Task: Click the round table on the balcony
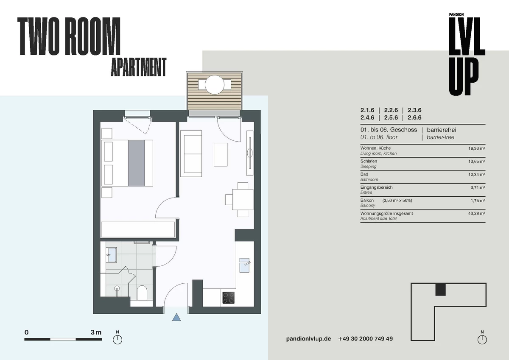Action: pyautogui.click(x=215, y=84)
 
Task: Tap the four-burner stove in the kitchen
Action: pyautogui.click(x=228, y=298)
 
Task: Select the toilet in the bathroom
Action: pyautogui.click(x=142, y=293)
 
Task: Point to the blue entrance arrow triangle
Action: pyautogui.click(x=176, y=317)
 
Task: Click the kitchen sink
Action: pyautogui.click(x=245, y=265)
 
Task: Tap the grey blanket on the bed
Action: pyautogui.click(x=136, y=163)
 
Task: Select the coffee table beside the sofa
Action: pyautogui.click(x=221, y=154)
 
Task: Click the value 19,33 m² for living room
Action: pyautogui.click(x=476, y=148)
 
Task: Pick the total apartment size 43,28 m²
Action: pyautogui.click(x=476, y=214)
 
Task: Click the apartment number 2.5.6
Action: pyautogui.click(x=391, y=117)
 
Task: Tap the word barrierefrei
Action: pyautogui.click(x=441, y=130)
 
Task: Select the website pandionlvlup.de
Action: pyautogui.click(x=308, y=339)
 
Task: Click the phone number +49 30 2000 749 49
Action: pyautogui.click(x=365, y=339)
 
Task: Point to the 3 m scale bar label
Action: pyautogui.click(x=96, y=332)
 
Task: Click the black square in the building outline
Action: pyautogui.click(x=440, y=290)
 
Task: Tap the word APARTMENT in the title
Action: pyautogui.click(x=139, y=67)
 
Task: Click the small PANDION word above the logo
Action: pyautogui.click(x=456, y=14)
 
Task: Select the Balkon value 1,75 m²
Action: pyautogui.click(x=478, y=201)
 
